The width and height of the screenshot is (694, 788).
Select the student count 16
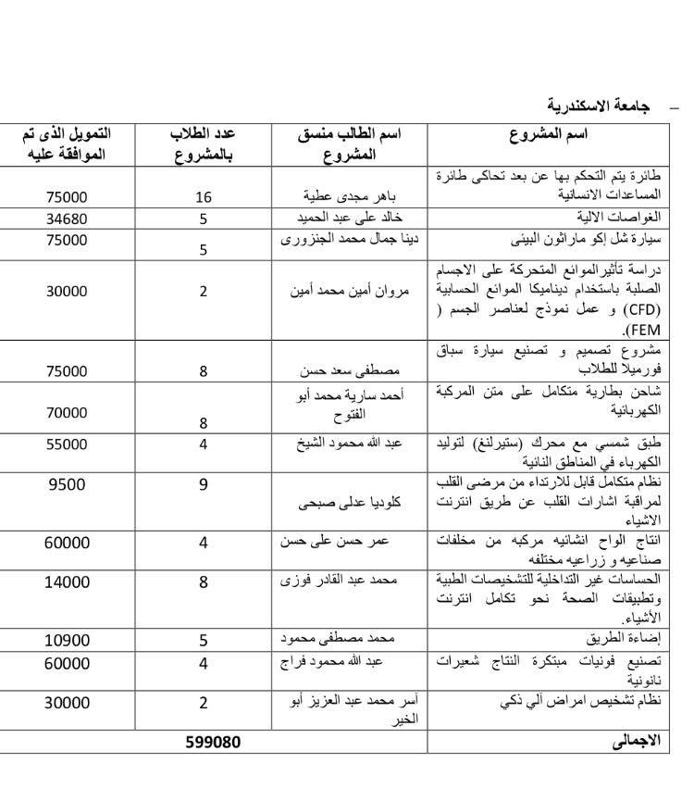(204, 196)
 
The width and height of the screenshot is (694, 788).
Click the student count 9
(204, 483)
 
